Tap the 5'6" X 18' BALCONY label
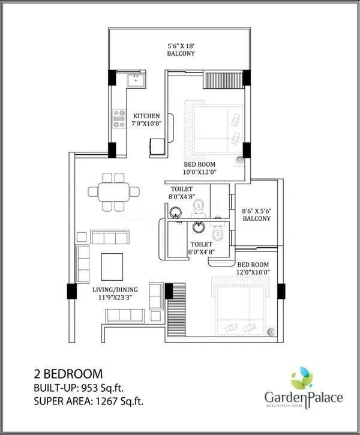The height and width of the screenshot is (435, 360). (x=181, y=49)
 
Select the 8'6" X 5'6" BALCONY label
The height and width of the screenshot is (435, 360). (x=256, y=215)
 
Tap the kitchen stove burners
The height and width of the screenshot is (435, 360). (x=116, y=120)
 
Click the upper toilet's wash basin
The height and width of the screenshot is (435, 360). (x=176, y=212)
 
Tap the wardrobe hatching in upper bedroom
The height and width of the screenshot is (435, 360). (x=221, y=80)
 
